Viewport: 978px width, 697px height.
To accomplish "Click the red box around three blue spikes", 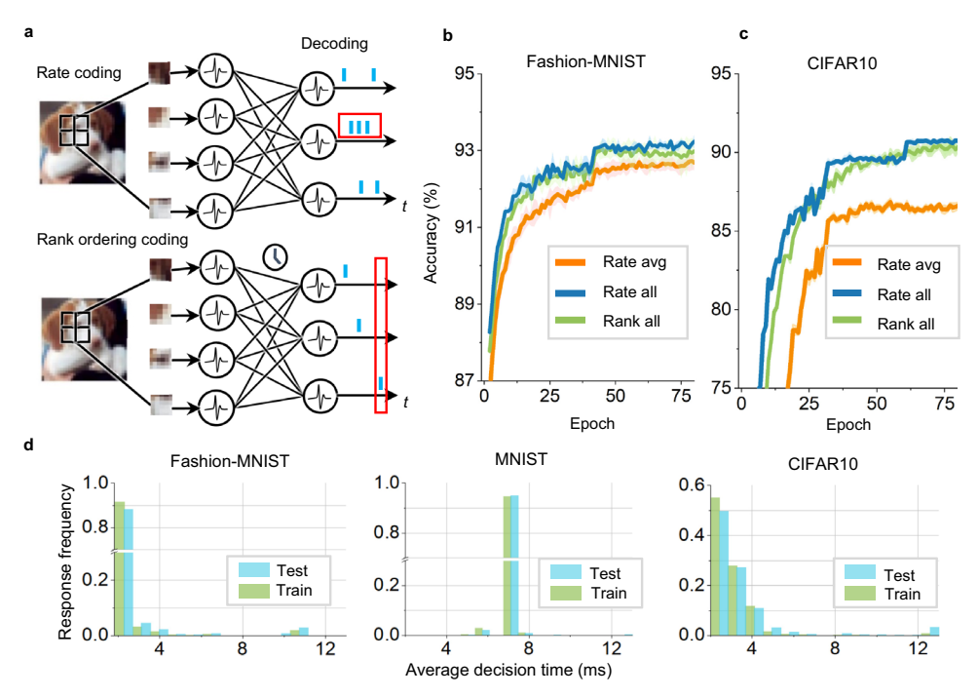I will click(x=359, y=126).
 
